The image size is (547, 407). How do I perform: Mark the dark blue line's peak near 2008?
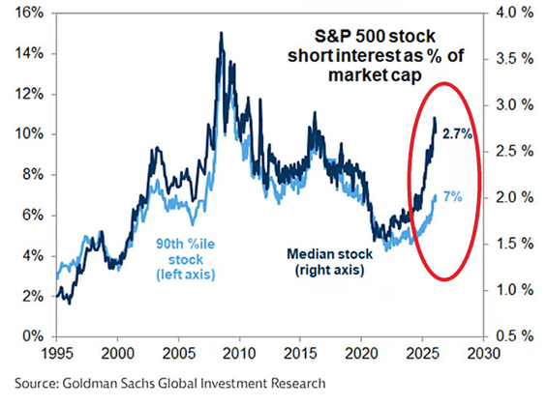[x=221, y=33]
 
